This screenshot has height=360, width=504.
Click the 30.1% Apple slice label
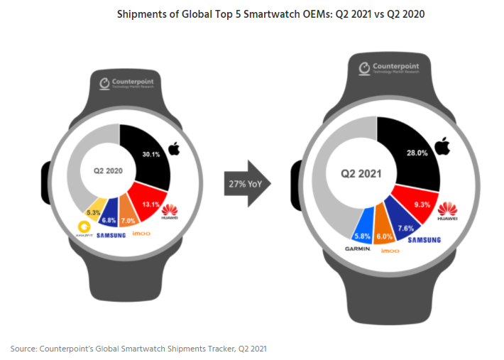(150, 155)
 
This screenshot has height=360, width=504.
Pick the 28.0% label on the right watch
(417, 153)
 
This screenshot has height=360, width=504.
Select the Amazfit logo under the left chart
(86, 229)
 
